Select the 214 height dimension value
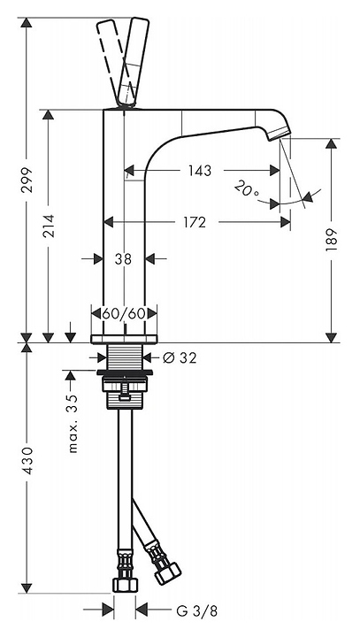click(50, 226)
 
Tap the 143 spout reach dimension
click(200, 171)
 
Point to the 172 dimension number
click(195, 222)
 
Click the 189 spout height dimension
click(332, 240)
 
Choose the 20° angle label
click(247, 188)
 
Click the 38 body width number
click(123, 258)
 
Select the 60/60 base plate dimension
click(124, 313)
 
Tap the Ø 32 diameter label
click(180, 357)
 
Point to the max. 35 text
click(73, 423)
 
